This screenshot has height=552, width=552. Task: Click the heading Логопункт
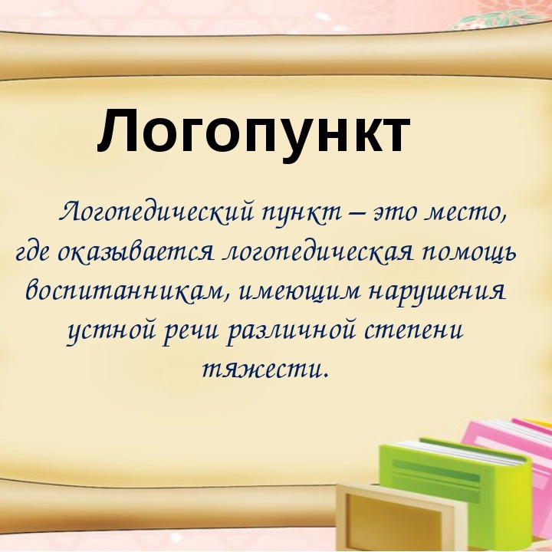(x=254, y=133)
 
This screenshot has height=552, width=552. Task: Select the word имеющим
(x=300, y=293)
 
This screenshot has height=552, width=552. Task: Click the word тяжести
(x=266, y=370)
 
